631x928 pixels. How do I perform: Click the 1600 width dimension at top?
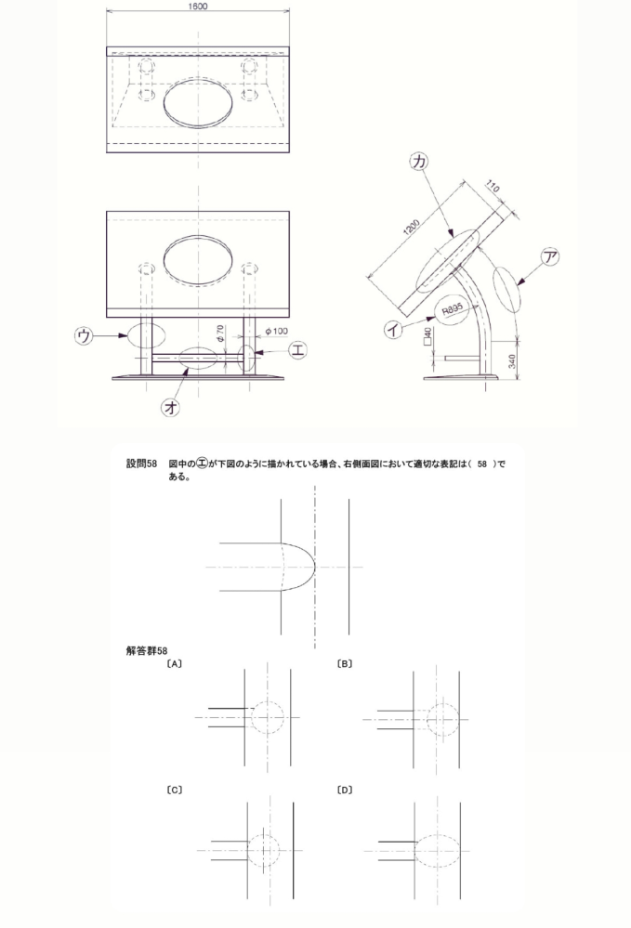[197, 7]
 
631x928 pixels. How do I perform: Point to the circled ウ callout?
[85, 335]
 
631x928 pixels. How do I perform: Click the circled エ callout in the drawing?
[298, 351]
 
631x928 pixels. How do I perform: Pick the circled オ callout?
[171, 409]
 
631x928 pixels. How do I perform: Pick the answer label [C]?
[174, 790]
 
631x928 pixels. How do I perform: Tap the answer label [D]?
[346, 790]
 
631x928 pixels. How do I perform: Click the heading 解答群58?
[147, 649]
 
